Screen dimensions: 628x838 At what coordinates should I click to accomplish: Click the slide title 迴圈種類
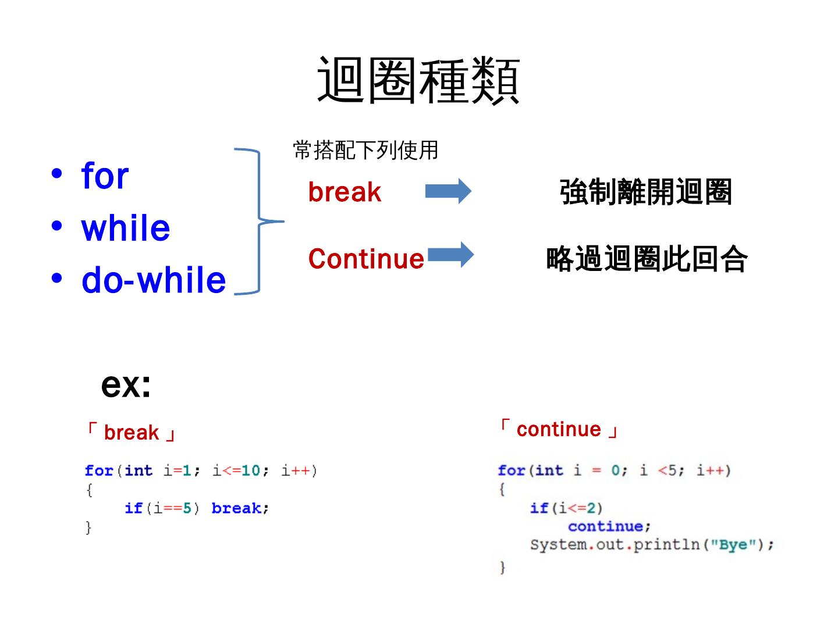click(418, 80)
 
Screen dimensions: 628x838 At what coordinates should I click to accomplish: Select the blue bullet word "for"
click(105, 176)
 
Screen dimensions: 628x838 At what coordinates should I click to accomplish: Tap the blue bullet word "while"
click(126, 228)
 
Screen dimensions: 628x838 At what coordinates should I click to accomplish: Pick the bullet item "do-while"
click(154, 280)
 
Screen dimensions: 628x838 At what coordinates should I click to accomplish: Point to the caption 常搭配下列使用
click(365, 151)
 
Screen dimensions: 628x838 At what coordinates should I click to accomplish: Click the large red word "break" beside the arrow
click(345, 192)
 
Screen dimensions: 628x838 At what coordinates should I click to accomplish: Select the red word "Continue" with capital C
click(366, 259)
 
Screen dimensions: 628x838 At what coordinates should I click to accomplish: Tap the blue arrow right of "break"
click(448, 191)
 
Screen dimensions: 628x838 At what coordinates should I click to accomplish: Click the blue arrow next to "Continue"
click(451, 255)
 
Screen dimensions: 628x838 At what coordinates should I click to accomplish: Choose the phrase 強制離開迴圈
click(645, 192)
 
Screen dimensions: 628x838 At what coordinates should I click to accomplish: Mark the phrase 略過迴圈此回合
click(647, 259)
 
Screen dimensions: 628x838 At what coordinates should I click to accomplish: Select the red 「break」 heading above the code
click(131, 433)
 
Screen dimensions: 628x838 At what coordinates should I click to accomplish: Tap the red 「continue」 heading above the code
click(558, 429)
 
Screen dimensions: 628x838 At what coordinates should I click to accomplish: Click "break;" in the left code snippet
click(240, 508)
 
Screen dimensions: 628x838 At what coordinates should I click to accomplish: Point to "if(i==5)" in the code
click(162, 508)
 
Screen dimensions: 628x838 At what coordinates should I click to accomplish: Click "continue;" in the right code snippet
click(609, 526)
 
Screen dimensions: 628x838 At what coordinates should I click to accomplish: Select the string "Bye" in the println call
click(733, 545)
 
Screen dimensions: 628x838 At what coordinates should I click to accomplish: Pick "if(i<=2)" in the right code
click(566, 508)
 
